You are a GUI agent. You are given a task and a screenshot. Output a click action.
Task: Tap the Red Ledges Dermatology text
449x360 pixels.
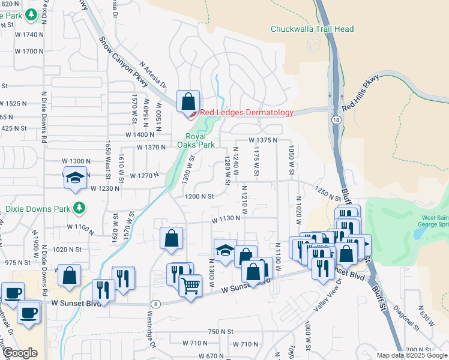246,112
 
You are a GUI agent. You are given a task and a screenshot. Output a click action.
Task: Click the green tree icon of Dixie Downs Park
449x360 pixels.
79,208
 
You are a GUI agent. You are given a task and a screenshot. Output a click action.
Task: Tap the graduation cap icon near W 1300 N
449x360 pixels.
74,178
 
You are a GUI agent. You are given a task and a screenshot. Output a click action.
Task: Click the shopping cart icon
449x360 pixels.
190,285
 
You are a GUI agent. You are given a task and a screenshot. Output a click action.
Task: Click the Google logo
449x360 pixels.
20,353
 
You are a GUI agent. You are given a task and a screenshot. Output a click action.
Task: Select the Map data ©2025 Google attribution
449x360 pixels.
412,355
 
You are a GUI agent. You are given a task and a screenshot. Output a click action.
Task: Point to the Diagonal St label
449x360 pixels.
411,316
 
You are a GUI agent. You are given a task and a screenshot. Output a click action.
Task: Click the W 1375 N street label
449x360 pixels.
262,140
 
